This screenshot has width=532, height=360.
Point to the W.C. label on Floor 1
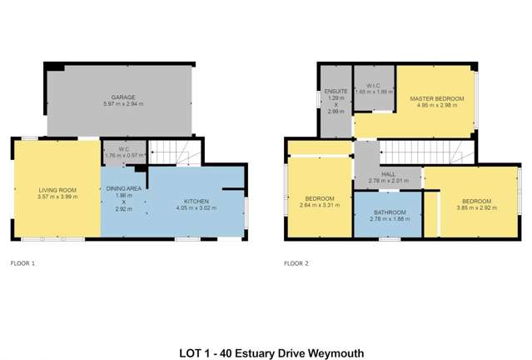[122, 149]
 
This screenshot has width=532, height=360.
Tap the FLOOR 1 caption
[22, 263]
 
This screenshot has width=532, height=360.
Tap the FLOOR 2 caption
[296, 263]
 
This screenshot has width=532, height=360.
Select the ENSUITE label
[336, 90]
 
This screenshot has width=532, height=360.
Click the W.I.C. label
[373, 85]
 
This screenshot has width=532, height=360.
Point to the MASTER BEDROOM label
[436, 98]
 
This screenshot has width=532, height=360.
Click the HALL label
[388, 173]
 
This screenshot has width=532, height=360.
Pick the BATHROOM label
[388, 212]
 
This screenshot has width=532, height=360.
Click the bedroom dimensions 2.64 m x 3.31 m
[320, 205]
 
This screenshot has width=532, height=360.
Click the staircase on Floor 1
[175, 152]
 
